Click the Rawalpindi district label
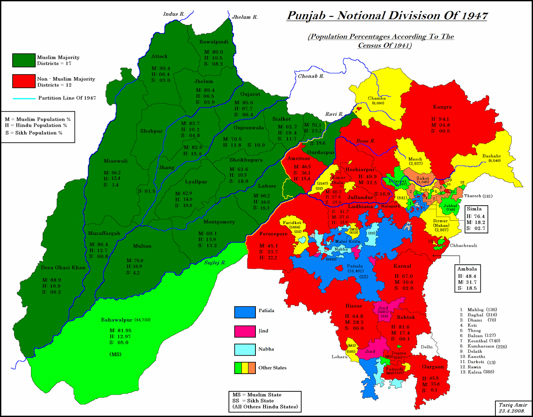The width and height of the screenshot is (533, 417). (x=214, y=42)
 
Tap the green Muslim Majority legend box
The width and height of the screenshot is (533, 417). (x=24, y=60)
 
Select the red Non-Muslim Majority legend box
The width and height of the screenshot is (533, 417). (x=24, y=81)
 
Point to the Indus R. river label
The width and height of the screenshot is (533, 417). (x=174, y=14)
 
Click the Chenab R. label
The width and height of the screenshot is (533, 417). (x=311, y=76)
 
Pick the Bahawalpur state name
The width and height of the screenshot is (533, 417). (x=117, y=320)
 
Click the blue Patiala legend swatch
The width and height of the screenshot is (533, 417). (x=245, y=312)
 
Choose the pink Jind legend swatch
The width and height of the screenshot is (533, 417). (x=245, y=331)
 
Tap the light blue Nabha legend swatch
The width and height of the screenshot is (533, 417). (x=245, y=350)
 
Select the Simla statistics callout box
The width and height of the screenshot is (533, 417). (x=476, y=219)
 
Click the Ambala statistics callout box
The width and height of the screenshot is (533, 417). (x=467, y=278)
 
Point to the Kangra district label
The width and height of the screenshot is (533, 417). (x=442, y=107)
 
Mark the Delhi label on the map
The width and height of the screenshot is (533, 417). (x=426, y=347)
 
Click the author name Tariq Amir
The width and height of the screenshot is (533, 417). (x=513, y=405)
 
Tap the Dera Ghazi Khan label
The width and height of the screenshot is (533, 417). (x=63, y=268)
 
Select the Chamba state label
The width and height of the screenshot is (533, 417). (x=377, y=98)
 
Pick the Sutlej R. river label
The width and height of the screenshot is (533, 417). (x=215, y=263)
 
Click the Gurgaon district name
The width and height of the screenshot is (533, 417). (x=433, y=367)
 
